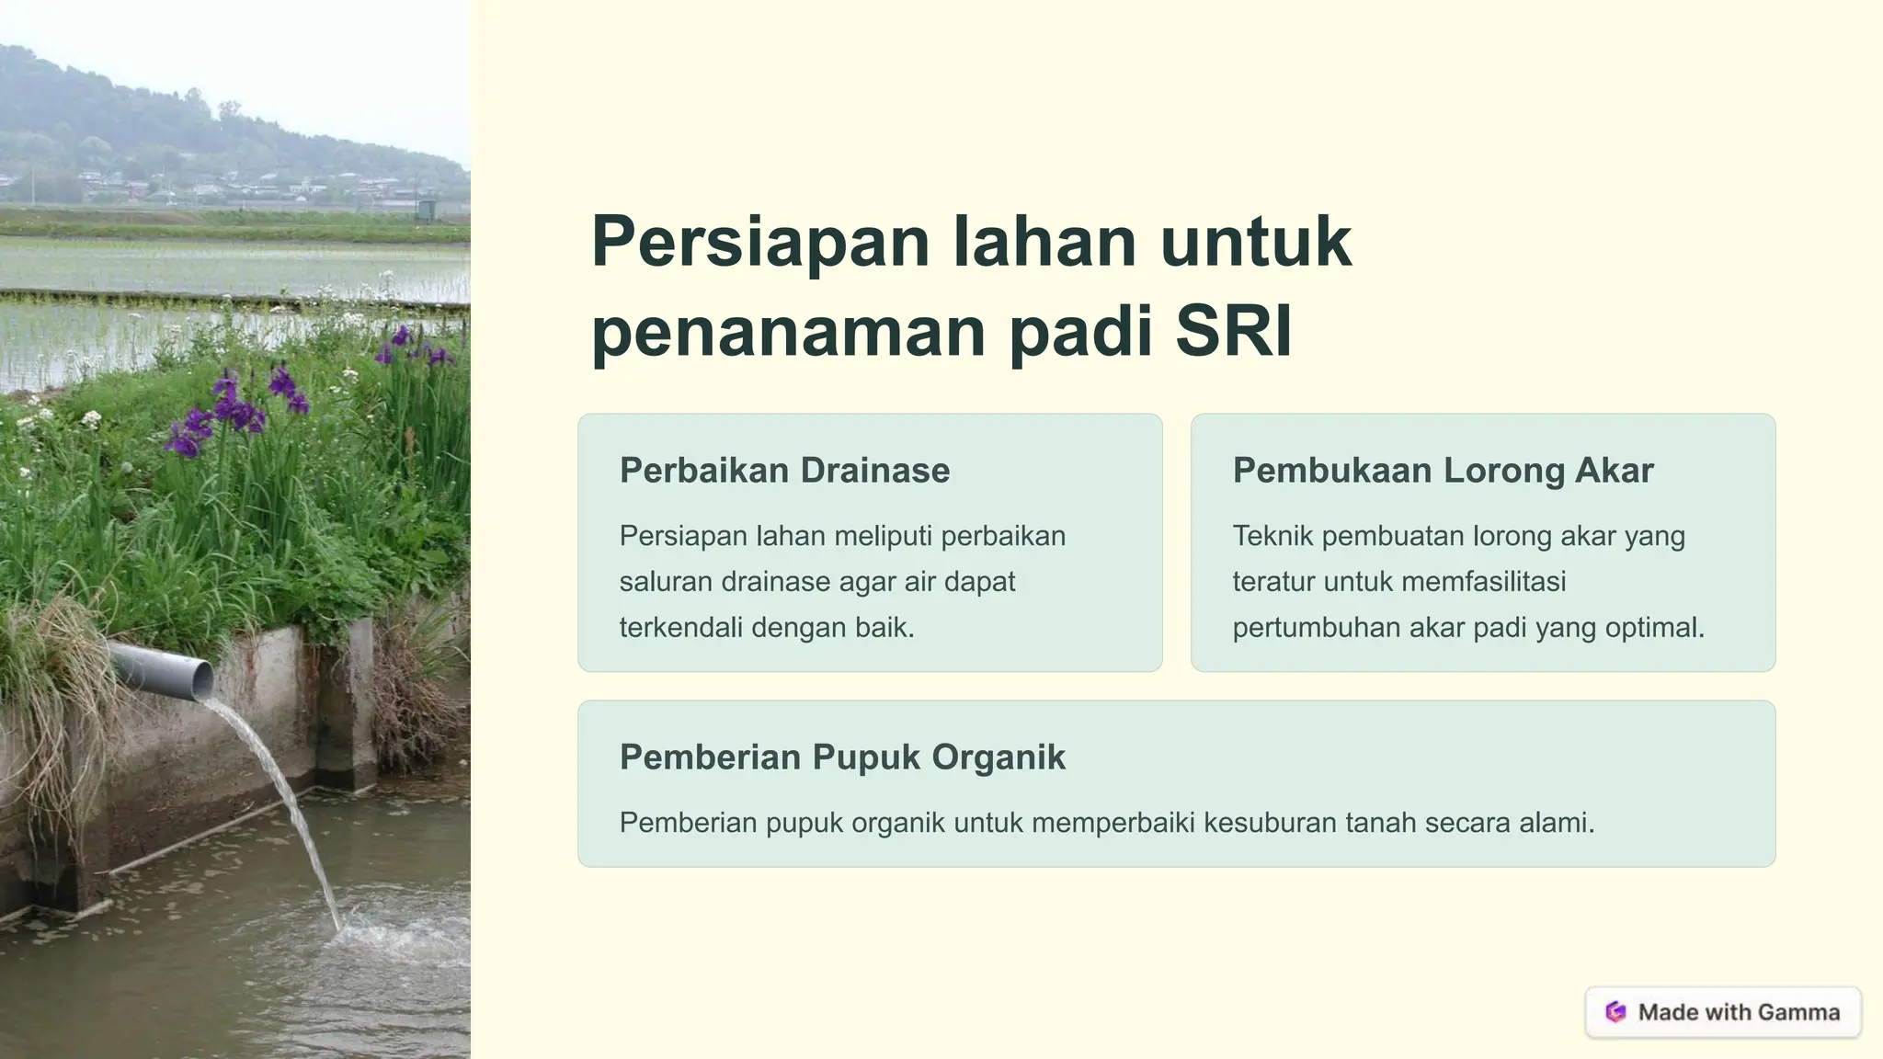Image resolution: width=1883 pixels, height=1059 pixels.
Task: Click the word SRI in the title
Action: coord(1234,331)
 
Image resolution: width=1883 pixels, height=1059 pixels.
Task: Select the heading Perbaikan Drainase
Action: coord(784,471)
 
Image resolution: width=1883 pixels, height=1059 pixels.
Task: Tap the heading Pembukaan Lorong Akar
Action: coord(1443,471)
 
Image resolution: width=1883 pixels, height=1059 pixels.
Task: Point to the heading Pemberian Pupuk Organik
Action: coord(842,757)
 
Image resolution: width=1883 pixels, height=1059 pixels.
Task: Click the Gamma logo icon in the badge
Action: coord(1615,1012)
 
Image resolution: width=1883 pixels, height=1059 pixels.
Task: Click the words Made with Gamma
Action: coord(1739,1012)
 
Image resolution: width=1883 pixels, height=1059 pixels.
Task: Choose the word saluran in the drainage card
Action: coord(666,582)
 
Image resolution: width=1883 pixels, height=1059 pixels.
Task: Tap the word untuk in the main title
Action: coord(1255,243)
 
